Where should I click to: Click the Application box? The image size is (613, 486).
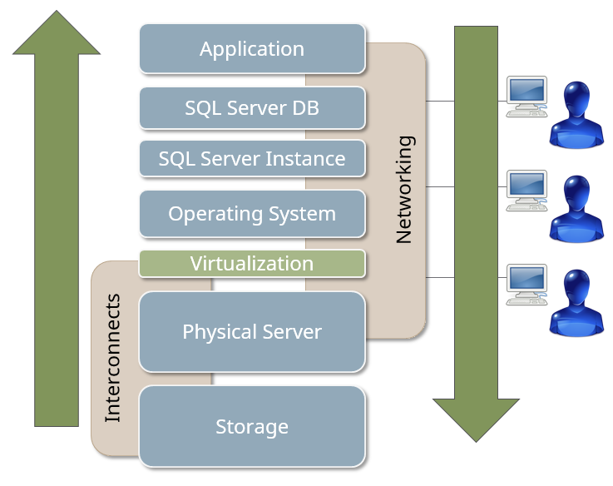(252, 48)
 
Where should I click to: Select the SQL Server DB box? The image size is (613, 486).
(252, 108)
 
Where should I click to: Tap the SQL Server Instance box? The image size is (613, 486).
(252, 158)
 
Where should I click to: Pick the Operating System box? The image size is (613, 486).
(252, 214)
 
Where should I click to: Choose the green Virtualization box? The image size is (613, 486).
(252, 264)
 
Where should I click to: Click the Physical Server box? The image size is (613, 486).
(252, 331)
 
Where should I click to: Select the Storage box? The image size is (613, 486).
(252, 426)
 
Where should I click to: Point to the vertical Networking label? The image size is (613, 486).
(404, 190)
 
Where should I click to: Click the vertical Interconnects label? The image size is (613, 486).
(113, 358)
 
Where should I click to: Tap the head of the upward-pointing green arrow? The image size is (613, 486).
(56, 33)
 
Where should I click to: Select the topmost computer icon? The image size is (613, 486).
(526, 96)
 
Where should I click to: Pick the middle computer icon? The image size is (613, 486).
(526, 190)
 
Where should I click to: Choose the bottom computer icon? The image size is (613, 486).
(526, 284)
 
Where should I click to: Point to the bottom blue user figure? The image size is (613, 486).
(576, 300)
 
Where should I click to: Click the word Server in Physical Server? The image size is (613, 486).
(287, 331)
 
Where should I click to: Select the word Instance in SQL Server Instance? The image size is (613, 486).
(310, 158)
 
